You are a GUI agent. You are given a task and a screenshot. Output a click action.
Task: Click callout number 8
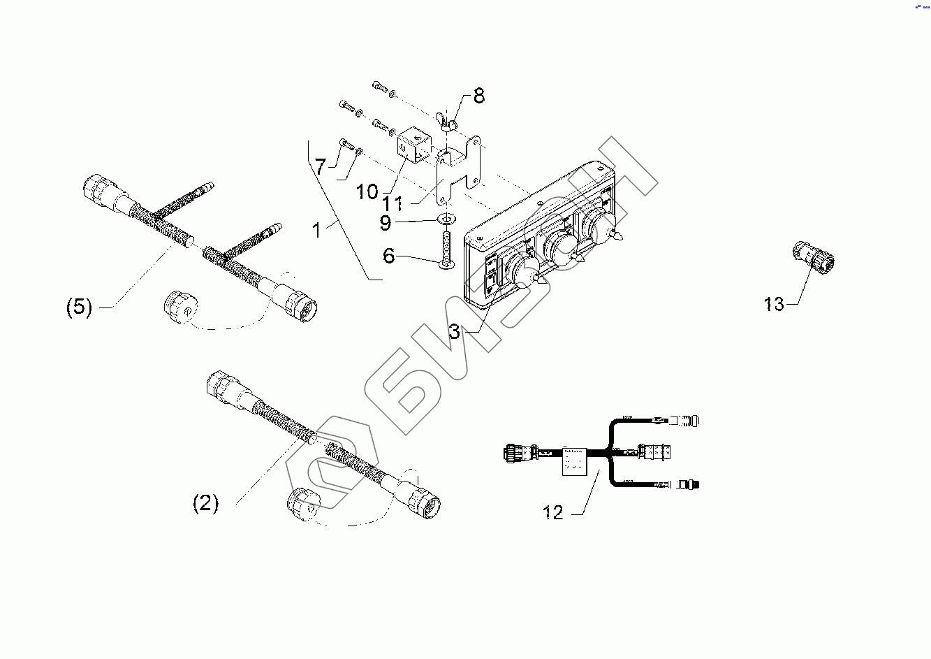point(478,96)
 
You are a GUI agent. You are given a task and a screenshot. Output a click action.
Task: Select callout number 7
point(320,167)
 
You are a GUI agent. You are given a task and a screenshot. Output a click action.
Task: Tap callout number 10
point(367,191)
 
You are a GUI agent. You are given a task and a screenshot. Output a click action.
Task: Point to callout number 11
point(393,203)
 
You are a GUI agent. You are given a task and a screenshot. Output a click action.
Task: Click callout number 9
point(386,224)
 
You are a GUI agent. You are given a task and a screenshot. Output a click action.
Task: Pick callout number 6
point(389,256)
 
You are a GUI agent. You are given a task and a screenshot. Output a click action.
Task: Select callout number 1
point(317,230)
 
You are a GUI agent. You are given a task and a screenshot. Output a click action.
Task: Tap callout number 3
point(455,331)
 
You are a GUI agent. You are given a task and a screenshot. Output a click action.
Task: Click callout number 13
point(774,304)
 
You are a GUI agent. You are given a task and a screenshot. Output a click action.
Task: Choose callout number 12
point(552,513)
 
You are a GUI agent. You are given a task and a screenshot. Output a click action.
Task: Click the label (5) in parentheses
point(79,307)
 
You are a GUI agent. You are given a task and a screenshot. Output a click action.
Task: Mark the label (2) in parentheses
point(205,503)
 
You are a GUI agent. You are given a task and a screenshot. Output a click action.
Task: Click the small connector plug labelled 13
point(813,256)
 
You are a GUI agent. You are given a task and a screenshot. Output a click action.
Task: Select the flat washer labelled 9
point(445,219)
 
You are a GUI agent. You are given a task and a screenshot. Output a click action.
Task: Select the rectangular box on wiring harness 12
point(578,462)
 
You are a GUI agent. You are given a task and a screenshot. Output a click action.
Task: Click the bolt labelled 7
point(347,145)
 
